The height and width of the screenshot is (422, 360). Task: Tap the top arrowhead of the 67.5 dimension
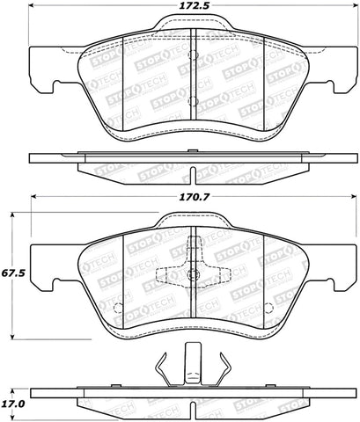[12, 213]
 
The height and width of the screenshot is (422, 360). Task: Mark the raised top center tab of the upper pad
[192, 30]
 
